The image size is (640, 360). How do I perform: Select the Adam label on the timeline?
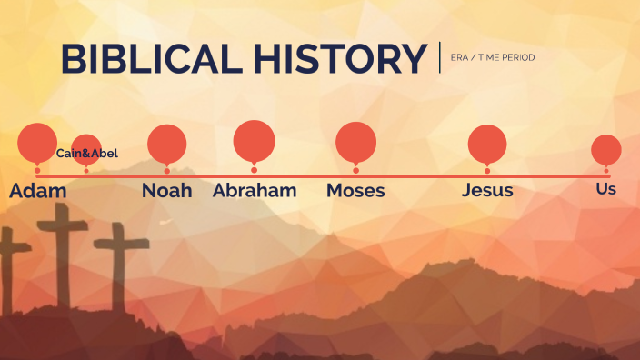38,191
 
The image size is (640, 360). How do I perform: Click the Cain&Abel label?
87,154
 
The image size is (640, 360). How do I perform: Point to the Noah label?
167,191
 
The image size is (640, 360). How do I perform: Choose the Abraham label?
255,191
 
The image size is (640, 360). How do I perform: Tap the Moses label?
355,191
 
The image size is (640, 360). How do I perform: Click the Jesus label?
487,191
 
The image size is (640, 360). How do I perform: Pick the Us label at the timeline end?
605,189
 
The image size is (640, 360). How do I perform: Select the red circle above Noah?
167,143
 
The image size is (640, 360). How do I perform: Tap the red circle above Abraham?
254,140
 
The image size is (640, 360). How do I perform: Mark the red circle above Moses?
355,142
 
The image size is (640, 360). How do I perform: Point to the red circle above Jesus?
487,145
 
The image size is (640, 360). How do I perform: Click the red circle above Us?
606,149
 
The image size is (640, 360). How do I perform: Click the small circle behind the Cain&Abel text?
87,144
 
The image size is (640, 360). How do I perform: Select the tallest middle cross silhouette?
61,255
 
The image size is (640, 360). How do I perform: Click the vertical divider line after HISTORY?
439,56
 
